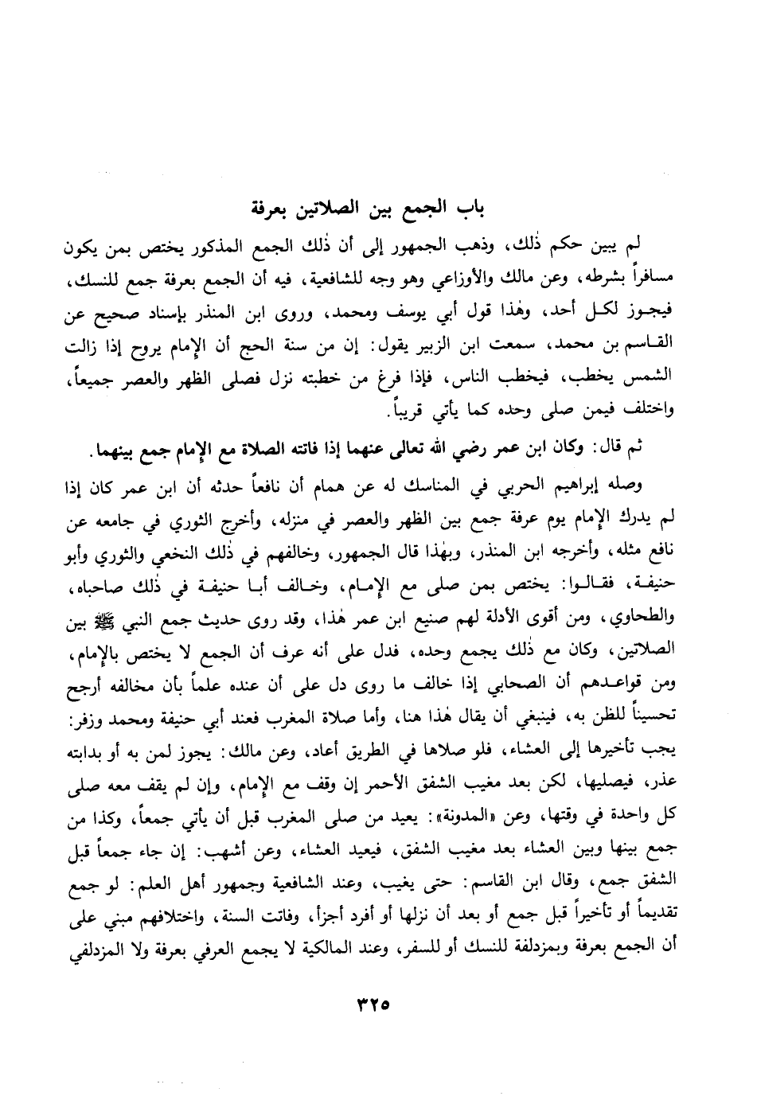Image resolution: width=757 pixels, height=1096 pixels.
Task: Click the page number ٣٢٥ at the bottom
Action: pos(378,1004)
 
